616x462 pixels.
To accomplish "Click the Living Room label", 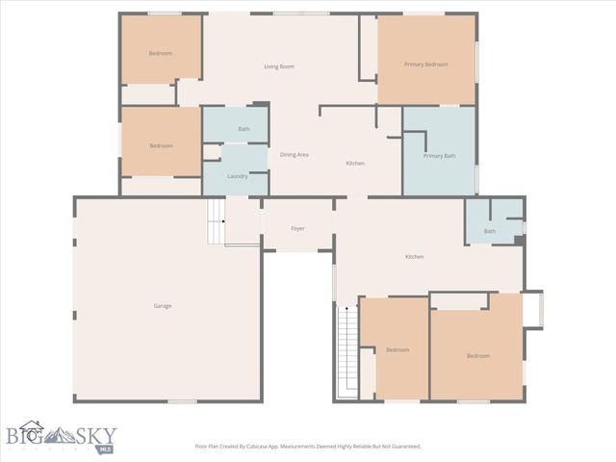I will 279,66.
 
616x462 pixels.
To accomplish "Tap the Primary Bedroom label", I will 426,64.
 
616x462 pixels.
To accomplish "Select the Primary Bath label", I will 439,155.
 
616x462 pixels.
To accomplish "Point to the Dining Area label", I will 294,155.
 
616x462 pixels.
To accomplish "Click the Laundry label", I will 238,176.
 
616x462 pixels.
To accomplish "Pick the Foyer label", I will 297,229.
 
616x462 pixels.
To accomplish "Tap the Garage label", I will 163,306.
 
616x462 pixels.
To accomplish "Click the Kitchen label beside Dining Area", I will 355,164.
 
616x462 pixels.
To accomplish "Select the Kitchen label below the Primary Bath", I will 414,257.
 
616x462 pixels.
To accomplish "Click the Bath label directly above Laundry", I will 244,129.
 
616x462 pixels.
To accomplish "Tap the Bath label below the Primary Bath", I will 490,231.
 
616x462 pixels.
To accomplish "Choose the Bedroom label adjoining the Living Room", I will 161,53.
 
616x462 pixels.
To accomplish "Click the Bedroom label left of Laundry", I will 161,145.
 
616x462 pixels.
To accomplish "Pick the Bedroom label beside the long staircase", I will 398,349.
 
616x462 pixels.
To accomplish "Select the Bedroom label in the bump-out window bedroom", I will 478,356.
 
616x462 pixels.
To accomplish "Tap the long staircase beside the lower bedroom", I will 346,351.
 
